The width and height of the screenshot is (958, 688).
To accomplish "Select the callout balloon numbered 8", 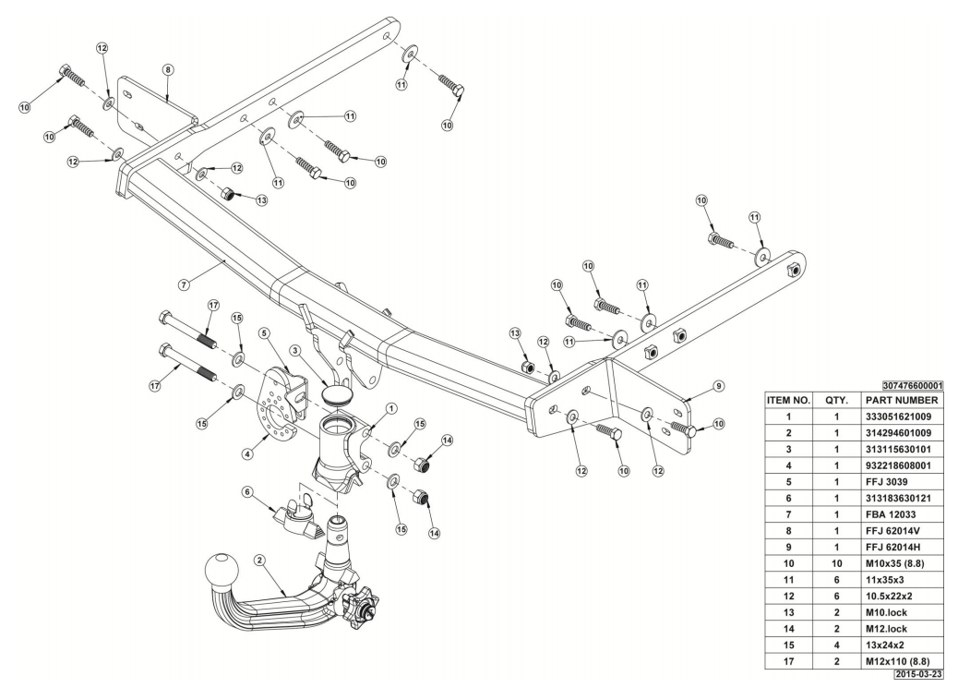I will click(x=168, y=69).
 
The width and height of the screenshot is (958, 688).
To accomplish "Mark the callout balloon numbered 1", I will click(x=391, y=407).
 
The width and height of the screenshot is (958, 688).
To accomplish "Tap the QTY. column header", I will click(x=833, y=401).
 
